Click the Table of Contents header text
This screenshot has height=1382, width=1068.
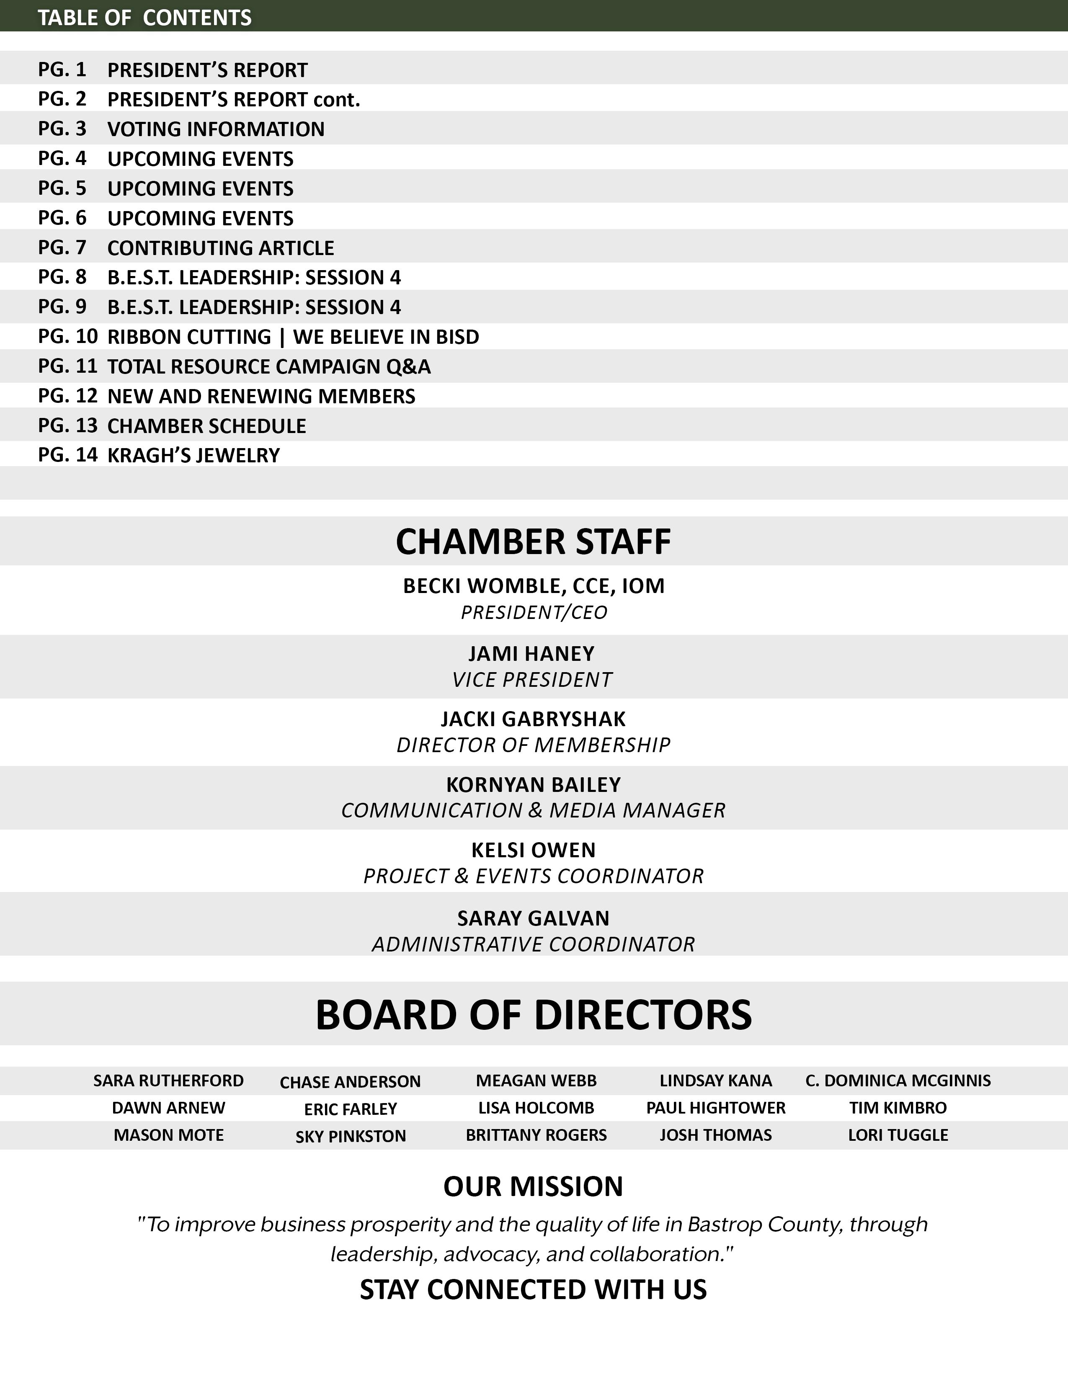pos(144,18)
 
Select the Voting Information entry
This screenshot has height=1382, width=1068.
pos(216,129)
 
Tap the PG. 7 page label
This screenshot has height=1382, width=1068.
pos(62,248)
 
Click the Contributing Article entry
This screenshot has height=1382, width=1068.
pos(221,248)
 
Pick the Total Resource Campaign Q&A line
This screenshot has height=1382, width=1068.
pos(269,366)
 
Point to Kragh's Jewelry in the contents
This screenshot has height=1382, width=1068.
pos(193,456)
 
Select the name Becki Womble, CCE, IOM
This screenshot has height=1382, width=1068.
pos(533,586)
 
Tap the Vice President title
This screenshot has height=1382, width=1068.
pos(532,680)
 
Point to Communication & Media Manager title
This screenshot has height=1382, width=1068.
pos(533,811)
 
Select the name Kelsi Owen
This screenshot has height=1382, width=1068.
pos(533,850)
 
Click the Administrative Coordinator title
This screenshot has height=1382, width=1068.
pos(533,944)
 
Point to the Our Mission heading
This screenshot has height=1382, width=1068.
pos(533,1186)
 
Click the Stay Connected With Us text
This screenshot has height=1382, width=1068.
pos(533,1289)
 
